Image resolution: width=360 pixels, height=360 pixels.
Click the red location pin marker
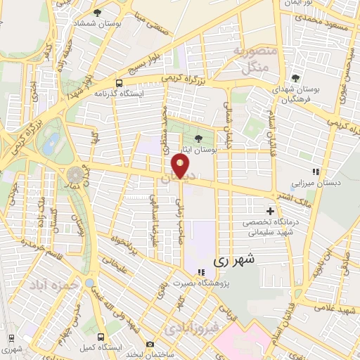(181, 166)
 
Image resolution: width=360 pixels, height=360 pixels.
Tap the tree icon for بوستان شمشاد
(97, 12)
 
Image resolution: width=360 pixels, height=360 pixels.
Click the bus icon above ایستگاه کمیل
(101, 337)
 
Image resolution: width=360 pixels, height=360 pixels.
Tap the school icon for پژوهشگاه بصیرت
(201, 272)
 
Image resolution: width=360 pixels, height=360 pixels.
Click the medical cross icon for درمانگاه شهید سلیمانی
(271, 211)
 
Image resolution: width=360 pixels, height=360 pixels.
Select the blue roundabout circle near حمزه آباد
(90, 283)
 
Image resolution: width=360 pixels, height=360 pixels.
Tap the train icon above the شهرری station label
(10, 337)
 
